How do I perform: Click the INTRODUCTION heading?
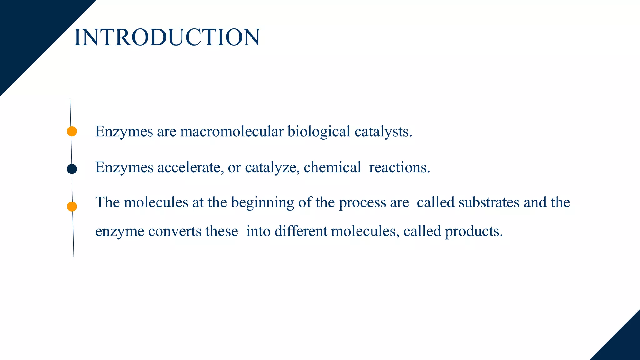pyautogui.click(x=167, y=37)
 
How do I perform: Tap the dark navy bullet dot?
pyautogui.click(x=72, y=169)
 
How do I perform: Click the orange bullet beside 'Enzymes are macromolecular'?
pyautogui.click(x=72, y=131)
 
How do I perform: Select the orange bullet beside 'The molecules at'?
pyautogui.click(x=72, y=207)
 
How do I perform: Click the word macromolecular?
pyautogui.click(x=232, y=131)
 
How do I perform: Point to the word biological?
pyautogui.click(x=319, y=131)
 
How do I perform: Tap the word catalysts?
pyautogui.click(x=383, y=132)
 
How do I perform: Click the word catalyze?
pyautogui.click(x=271, y=168)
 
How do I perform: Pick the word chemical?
pyautogui.click(x=332, y=167)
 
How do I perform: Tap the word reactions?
pyautogui.click(x=399, y=167)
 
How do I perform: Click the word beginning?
pyautogui.click(x=262, y=203)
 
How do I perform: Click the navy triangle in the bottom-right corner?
pyautogui.click(x=622, y=344)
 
